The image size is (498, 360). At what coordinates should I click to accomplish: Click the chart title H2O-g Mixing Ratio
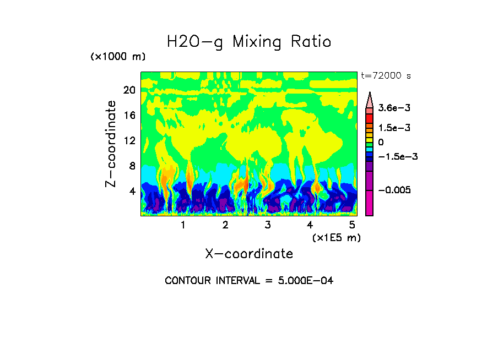coord(249,42)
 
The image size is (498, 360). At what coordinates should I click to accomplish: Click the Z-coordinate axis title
coord(111,144)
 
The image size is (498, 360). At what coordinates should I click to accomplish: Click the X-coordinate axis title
coord(249,254)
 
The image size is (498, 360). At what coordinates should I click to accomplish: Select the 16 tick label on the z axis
coord(129,115)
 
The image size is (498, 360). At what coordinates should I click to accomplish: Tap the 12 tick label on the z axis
coord(129,140)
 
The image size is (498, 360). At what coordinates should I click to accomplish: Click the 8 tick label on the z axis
coord(132,166)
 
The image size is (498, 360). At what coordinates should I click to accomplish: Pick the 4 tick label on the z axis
coord(132,191)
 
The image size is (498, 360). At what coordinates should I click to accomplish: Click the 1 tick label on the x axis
coord(183,225)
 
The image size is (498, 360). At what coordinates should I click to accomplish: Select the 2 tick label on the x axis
coord(225,225)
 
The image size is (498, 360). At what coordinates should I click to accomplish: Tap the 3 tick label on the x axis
coord(268,225)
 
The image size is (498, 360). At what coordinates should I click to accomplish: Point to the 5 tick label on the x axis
coord(352,225)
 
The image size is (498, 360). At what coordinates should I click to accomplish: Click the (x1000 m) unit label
coord(118,57)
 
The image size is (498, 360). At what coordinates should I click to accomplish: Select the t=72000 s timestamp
coord(386,75)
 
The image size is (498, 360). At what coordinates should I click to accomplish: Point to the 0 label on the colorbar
coord(381,142)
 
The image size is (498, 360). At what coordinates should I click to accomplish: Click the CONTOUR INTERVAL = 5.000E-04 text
coord(249,281)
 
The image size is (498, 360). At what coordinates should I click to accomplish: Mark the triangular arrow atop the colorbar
coord(369,99)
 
